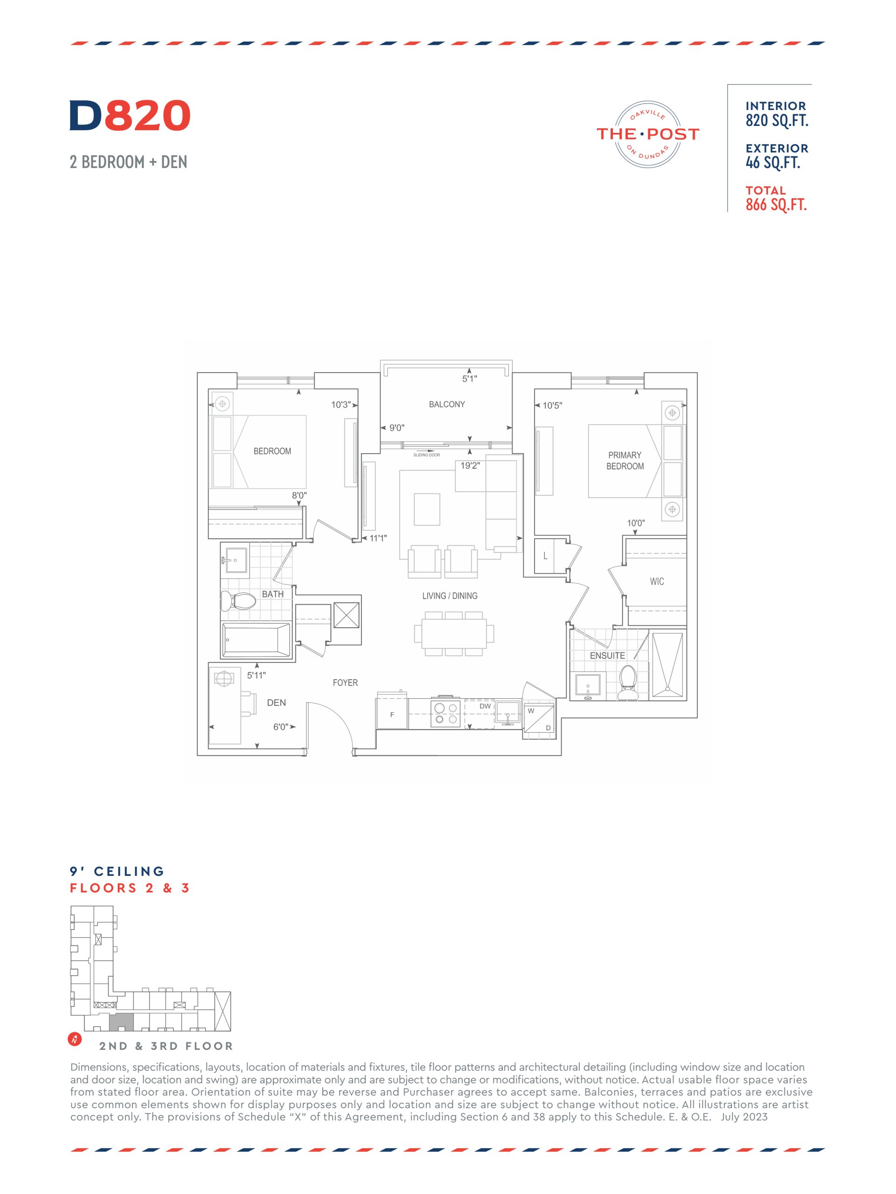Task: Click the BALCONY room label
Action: click(446, 404)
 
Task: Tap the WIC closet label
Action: click(656, 581)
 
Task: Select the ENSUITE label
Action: click(607, 655)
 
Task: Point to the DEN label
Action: click(277, 702)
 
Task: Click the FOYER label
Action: click(345, 682)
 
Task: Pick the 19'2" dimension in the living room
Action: click(470, 465)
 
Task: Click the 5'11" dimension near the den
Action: click(257, 675)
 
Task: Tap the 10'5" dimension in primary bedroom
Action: click(552, 405)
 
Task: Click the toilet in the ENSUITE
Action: click(627, 682)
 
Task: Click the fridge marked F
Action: click(392, 713)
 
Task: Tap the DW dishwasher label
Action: click(485, 706)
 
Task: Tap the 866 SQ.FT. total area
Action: click(776, 205)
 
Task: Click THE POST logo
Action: click(648, 134)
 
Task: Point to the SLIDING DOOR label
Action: click(426, 455)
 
